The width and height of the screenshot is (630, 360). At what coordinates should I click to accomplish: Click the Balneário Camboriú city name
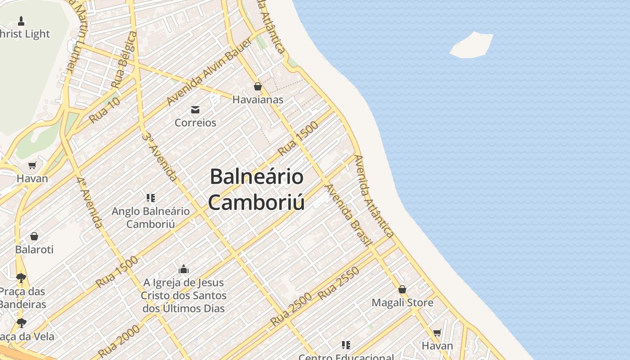(256, 189)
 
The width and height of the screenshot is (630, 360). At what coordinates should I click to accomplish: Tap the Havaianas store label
(258, 99)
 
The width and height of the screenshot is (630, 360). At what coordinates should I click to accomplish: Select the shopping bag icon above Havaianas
(258, 86)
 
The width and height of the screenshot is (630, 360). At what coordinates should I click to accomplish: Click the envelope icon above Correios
(195, 110)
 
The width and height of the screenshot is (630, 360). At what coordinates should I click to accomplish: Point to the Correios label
(195, 122)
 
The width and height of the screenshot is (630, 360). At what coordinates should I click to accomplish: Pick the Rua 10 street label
(105, 110)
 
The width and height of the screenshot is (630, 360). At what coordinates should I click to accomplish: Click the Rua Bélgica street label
(124, 60)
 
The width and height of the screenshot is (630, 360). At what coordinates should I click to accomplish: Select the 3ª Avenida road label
(159, 156)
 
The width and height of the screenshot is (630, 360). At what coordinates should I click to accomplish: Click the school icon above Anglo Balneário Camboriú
(151, 198)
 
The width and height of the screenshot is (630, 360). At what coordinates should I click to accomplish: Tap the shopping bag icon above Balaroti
(34, 236)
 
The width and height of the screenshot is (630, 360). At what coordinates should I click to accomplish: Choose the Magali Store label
(402, 302)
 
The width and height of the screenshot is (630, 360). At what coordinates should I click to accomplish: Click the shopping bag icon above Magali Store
(402, 289)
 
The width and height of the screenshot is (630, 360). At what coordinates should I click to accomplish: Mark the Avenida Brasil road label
(349, 215)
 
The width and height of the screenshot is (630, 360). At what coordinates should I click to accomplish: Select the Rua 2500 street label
(291, 309)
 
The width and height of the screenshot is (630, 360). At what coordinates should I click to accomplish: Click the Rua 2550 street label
(339, 283)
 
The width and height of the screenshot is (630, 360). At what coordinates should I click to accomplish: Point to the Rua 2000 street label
(119, 341)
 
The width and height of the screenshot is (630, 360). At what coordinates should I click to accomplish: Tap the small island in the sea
(472, 45)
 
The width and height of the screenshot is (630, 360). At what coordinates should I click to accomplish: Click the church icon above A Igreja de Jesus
(184, 270)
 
